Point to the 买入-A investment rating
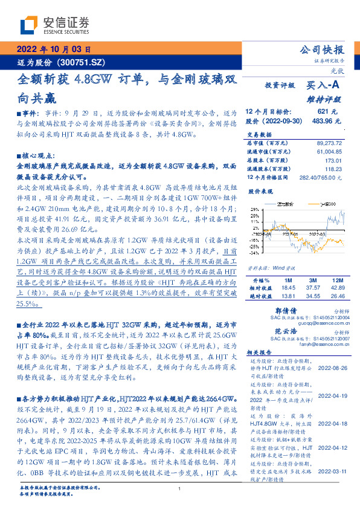[324, 86]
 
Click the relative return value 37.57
[313, 288]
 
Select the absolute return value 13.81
[288, 296]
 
